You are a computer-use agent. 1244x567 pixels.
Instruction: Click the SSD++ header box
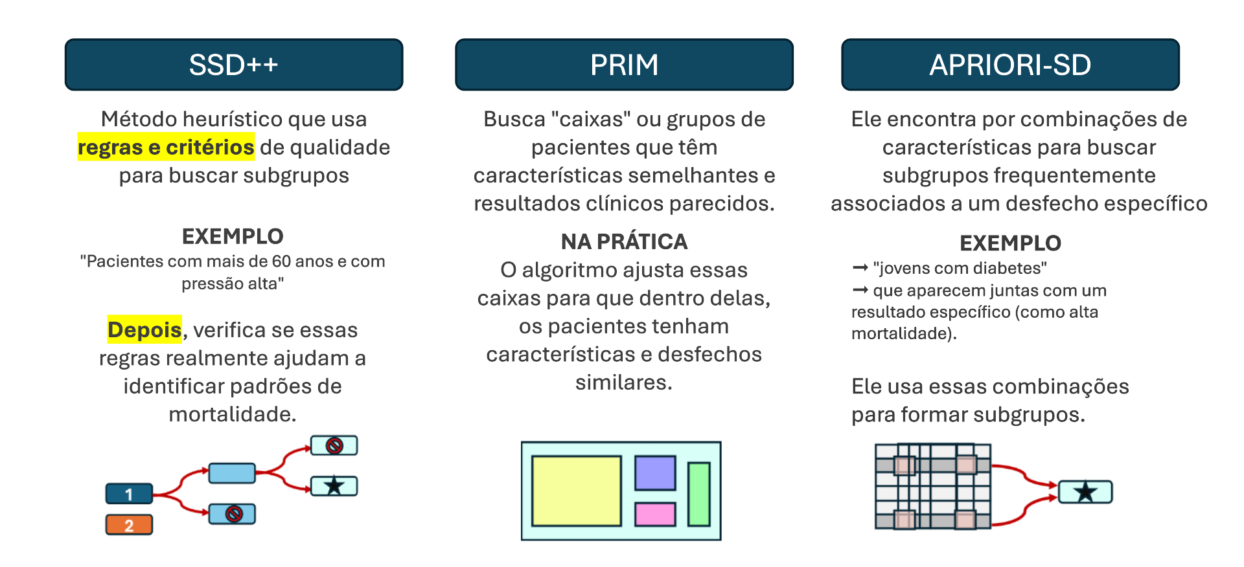coord(234,65)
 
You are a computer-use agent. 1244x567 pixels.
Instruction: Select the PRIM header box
coord(624,65)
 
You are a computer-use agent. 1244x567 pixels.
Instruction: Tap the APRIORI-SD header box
coord(1010,65)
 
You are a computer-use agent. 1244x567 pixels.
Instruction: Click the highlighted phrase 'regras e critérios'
coord(166,147)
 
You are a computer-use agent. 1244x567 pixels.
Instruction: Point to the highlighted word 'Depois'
coord(144,329)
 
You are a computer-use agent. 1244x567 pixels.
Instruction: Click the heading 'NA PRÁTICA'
coord(624,241)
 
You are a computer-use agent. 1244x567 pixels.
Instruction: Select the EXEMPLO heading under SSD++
coord(233,236)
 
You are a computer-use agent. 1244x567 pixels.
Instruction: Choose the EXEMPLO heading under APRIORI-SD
coord(1010,243)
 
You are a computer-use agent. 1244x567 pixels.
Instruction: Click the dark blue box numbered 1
coord(129,494)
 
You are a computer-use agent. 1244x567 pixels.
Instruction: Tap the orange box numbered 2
coord(129,525)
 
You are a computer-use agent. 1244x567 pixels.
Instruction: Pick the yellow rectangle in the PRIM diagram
coord(576,491)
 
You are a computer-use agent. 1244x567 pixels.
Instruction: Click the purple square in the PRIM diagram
coord(655,472)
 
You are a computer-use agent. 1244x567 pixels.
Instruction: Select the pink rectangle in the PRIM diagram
coord(655,515)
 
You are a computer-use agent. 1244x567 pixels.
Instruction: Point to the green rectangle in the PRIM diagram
coord(698,494)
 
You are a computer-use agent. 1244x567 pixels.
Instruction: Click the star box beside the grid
coord(1085,492)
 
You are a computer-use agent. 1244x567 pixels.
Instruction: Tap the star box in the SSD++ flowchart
coord(334,485)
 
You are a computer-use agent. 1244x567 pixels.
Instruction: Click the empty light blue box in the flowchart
coord(232,473)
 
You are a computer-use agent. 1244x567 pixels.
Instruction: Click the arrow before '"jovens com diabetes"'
coord(860,267)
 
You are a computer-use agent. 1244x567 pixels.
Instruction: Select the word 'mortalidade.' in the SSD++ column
coord(233,414)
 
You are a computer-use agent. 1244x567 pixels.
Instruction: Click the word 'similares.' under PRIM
coord(624,383)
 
